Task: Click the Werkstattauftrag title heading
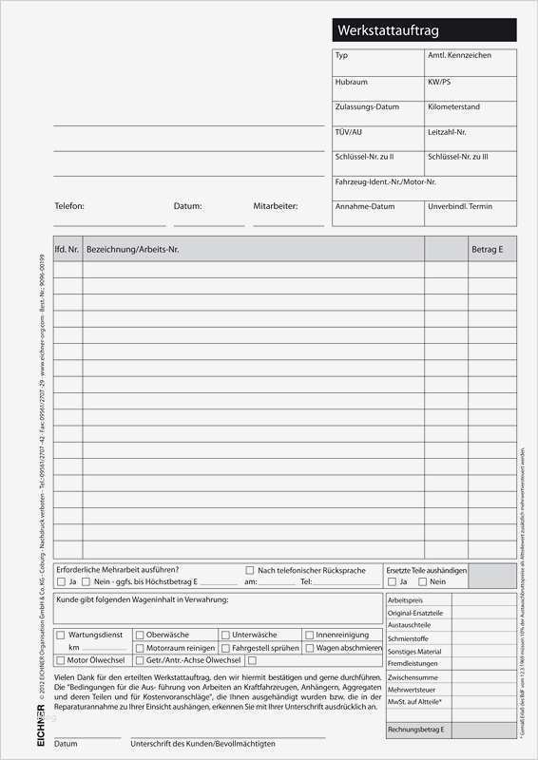point(389,31)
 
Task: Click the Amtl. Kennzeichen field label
point(459,56)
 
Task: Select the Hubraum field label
point(351,82)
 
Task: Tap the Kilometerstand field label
point(454,107)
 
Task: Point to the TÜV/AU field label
point(349,132)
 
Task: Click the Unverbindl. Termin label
point(460,206)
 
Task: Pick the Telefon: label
point(69,206)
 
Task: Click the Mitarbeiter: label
point(276,206)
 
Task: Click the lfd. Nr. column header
point(67,249)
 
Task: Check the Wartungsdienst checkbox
point(62,635)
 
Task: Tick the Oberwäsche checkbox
point(140,635)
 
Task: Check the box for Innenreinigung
point(309,635)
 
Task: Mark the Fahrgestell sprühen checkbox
point(224,648)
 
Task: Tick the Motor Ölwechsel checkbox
point(62,660)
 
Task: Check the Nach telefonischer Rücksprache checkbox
point(250,570)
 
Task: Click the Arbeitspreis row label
point(405,601)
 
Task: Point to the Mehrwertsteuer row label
point(411,689)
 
